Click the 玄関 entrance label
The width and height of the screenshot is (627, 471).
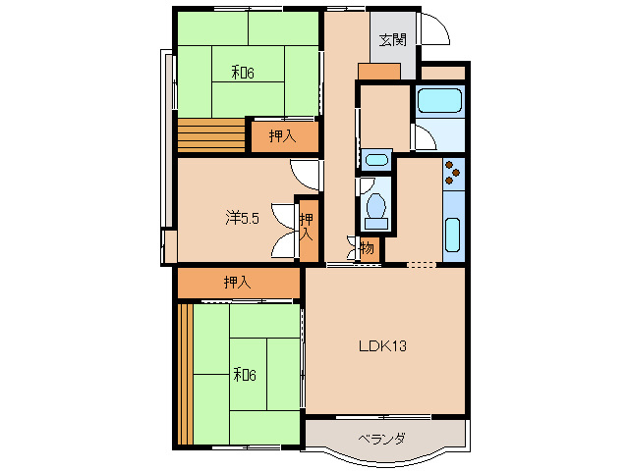click(393, 40)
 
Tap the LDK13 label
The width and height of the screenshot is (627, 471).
click(382, 345)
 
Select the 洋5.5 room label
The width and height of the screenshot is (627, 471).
click(243, 218)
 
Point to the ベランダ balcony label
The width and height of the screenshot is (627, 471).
click(381, 439)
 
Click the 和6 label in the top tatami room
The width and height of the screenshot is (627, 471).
click(243, 73)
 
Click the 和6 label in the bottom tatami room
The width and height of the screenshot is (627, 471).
click(245, 375)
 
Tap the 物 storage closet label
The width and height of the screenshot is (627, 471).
click(368, 248)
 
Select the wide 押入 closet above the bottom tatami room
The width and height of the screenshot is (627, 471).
click(239, 283)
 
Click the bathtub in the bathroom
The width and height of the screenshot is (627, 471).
click(439, 100)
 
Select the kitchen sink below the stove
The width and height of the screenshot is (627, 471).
click(453, 235)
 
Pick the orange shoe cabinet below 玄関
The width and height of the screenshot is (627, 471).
click(379, 71)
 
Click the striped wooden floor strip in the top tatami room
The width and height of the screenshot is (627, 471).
click(211, 134)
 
